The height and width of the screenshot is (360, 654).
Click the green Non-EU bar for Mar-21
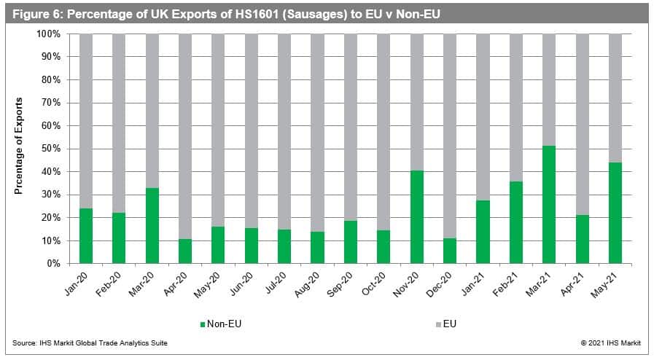(x=549, y=205)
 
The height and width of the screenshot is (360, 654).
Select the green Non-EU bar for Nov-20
(x=417, y=217)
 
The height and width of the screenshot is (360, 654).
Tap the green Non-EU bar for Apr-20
(x=185, y=251)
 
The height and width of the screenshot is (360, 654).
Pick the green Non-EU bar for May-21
(x=615, y=213)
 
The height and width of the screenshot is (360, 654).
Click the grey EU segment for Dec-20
(x=450, y=136)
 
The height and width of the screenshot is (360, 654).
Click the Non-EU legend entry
(x=224, y=323)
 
